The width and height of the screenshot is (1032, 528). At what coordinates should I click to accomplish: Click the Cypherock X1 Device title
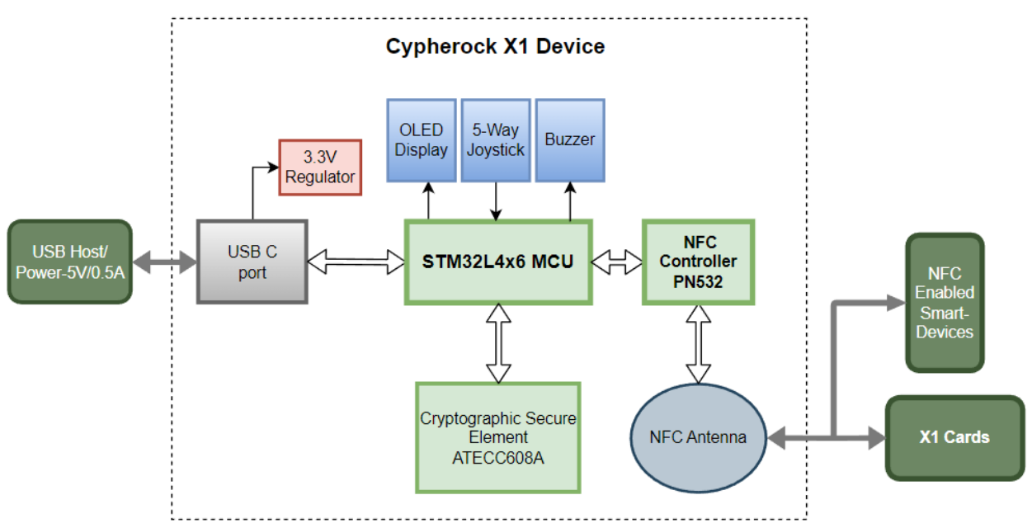tap(495, 46)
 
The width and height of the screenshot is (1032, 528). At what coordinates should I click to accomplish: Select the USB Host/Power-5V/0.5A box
tap(70, 261)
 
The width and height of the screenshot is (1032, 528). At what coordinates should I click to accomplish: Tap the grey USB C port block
tap(252, 261)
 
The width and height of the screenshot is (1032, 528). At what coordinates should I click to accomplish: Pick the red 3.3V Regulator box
tap(320, 167)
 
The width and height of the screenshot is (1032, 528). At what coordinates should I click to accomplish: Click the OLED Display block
tap(421, 140)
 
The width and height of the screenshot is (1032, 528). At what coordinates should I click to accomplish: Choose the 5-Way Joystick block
tap(495, 140)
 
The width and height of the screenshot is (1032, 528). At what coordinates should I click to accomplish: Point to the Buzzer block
tap(569, 140)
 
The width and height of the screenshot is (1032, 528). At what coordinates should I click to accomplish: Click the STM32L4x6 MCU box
tap(498, 262)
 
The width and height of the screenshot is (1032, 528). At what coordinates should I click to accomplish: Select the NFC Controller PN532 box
tap(699, 262)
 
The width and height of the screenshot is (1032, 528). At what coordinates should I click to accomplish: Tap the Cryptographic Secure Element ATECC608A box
tap(498, 437)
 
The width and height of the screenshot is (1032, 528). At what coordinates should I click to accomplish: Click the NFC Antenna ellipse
tap(699, 437)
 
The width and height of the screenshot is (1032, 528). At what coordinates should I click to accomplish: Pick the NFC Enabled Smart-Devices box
tap(945, 302)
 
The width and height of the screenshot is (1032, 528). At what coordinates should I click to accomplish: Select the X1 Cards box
tap(954, 437)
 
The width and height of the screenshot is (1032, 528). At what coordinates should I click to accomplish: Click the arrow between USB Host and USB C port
tap(164, 262)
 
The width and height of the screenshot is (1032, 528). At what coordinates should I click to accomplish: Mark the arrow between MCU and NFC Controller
tap(618, 262)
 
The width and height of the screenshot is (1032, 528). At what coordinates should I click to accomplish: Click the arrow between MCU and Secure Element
tap(498, 343)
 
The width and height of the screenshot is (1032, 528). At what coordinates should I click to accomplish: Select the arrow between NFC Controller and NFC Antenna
tap(699, 344)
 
